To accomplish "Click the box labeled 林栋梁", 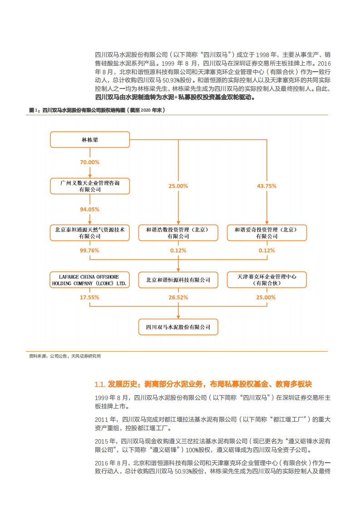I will [x=90, y=140].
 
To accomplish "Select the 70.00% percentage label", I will [x=90, y=162].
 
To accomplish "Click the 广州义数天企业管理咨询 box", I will [x=90, y=186].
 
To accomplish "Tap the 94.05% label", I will [x=90, y=209].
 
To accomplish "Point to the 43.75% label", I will [x=266, y=186].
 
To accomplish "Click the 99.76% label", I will [x=90, y=250].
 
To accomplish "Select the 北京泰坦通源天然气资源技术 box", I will [x=90, y=233].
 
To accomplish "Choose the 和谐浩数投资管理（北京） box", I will [x=178, y=233].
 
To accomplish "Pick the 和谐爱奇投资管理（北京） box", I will [x=266, y=233].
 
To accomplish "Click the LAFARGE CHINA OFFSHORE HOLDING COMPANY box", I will [x=90, y=279].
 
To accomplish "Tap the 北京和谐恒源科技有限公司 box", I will [x=178, y=280].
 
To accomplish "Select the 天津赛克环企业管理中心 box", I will [x=266, y=279].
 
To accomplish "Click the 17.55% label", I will [x=90, y=298].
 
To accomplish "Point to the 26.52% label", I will [x=178, y=298].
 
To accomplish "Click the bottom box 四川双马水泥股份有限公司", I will [x=178, y=327].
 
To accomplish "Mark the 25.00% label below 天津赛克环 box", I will [x=266, y=298].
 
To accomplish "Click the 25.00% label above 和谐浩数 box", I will [x=178, y=186].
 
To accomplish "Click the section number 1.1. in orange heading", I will [x=100, y=384].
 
